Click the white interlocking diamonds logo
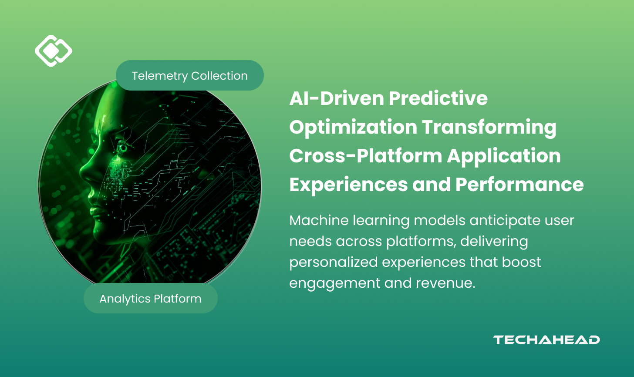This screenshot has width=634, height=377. click(54, 51)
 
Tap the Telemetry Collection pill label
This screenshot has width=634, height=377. click(190, 76)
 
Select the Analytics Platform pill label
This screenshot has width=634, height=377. click(151, 298)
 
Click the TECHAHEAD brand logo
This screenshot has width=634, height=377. click(546, 340)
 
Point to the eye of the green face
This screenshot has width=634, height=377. click(123, 147)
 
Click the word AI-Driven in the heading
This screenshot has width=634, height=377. click(337, 98)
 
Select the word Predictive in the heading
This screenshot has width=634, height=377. click(438, 98)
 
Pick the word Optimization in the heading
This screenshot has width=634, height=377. click(353, 128)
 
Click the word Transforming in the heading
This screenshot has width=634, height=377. click(489, 128)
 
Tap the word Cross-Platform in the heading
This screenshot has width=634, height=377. click(366, 156)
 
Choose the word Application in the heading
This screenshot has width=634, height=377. click(504, 156)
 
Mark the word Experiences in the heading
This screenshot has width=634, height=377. click(348, 185)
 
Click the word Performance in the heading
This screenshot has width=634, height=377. click(519, 185)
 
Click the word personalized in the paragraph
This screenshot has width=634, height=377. click(334, 263)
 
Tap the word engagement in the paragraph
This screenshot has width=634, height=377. click(334, 283)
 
